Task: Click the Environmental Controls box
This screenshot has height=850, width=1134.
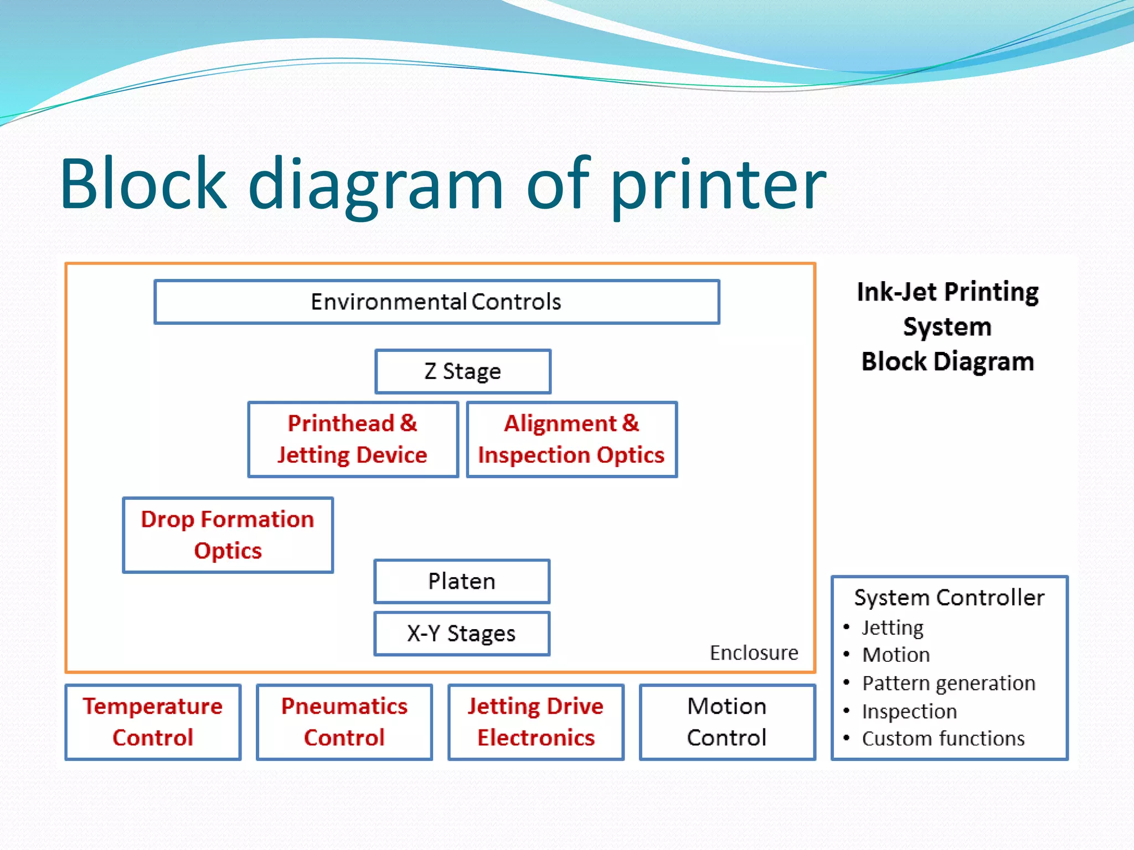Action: (436, 302)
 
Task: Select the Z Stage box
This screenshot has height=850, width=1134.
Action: (463, 371)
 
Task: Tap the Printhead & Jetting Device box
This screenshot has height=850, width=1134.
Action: (353, 439)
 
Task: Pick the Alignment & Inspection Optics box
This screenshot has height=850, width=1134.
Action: (571, 439)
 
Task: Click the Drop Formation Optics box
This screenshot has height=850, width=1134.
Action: (228, 535)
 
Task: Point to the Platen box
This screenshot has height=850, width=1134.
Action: (462, 581)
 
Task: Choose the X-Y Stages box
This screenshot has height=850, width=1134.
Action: (462, 634)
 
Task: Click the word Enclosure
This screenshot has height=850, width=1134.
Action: (754, 653)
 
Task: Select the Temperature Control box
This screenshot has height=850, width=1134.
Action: (153, 722)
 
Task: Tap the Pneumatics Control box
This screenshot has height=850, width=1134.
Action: (344, 722)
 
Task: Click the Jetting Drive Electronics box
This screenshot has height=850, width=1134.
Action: (535, 722)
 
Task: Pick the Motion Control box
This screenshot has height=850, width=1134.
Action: (727, 722)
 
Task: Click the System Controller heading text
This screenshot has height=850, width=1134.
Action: (949, 598)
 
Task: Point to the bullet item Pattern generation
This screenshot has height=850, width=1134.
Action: (949, 683)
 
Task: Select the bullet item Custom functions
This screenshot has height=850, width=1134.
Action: (943, 739)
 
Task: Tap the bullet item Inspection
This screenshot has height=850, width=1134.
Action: (909, 712)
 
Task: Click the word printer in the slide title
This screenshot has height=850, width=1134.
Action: (718, 185)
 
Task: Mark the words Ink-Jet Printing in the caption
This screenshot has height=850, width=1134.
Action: (947, 292)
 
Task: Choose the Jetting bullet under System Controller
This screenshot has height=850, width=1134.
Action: (893, 628)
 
